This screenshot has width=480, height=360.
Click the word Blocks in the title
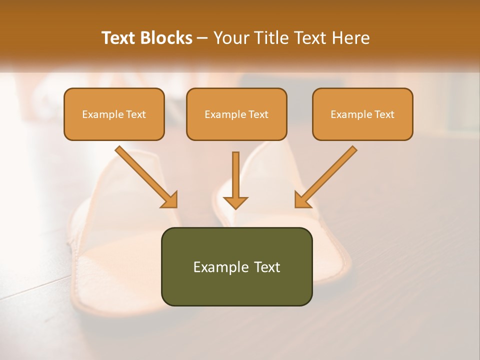166,38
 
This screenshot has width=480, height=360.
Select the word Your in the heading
230,38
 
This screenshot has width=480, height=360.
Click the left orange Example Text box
114,114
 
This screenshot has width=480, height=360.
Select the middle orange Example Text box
236,114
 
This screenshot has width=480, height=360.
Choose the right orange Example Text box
362,114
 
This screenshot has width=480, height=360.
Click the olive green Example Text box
236,266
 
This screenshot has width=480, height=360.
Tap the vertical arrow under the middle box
235,175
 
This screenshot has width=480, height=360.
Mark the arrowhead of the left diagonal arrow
170,200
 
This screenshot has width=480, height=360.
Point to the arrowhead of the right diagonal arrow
301,200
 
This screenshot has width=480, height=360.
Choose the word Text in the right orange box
384,114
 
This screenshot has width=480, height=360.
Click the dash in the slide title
202,38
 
